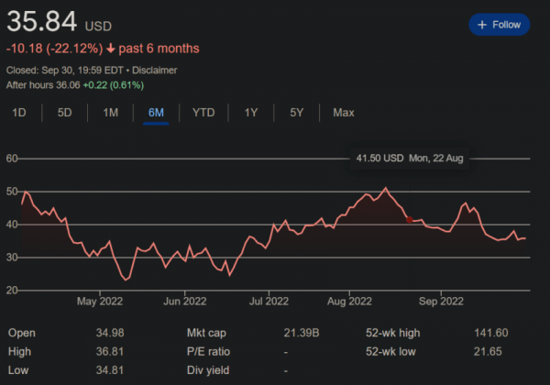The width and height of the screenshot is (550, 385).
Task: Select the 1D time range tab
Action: [19, 113]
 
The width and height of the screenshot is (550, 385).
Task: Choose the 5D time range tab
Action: [64, 113]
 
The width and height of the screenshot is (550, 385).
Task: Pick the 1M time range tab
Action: [110, 113]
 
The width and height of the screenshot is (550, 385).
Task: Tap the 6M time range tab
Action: [156, 113]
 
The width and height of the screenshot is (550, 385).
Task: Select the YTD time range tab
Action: [203, 113]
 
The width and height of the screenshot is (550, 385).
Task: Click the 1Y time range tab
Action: [250, 113]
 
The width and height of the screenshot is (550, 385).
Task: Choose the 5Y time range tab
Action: [296, 113]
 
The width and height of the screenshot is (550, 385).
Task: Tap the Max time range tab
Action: [344, 113]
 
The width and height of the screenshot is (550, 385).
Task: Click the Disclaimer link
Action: [155, 70]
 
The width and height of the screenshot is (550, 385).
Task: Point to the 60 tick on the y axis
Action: [13, 159]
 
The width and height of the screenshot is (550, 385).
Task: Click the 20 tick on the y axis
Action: [13, 290]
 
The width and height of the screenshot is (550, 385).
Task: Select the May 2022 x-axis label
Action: [100, 301]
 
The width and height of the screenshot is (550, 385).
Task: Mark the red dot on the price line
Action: [409, 220]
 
